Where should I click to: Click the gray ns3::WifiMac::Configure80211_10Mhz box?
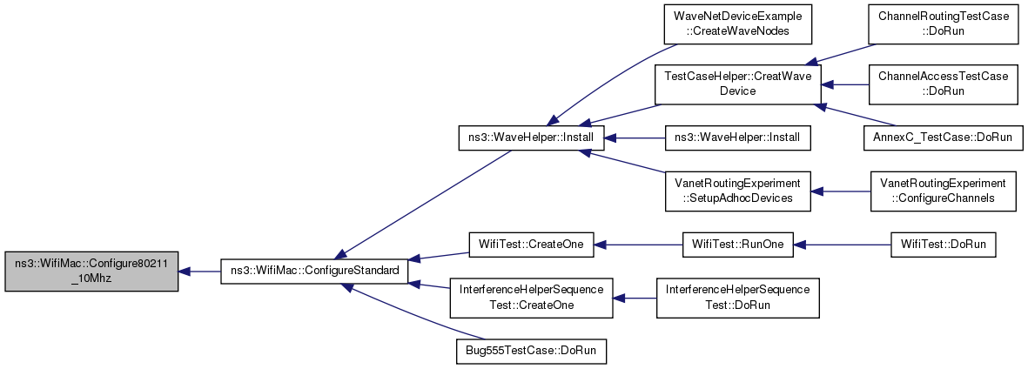[91, 271]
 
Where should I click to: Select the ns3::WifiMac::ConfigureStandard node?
[314, 271]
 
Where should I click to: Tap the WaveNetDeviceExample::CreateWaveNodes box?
[737, 24]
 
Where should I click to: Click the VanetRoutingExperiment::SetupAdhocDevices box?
[737, 191]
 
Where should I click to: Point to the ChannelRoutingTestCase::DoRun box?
[943, 24]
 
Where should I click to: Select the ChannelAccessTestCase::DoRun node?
[943, 84]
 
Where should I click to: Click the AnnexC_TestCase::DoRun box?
[943, 138]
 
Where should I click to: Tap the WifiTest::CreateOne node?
[530, 245]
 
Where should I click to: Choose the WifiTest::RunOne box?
[737, 245]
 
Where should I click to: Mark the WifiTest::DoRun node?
[943, 245]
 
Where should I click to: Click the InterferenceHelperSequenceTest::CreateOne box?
[530, 299]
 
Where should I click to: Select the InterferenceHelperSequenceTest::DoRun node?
[737, 299]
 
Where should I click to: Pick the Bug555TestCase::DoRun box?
[530, 352]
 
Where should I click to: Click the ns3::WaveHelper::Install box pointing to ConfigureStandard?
[530, 138]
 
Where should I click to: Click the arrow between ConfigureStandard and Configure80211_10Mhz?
[199, 271]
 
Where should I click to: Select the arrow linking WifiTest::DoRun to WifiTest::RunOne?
[842, 245]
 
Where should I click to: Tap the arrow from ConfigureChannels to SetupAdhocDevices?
[841, 191]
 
